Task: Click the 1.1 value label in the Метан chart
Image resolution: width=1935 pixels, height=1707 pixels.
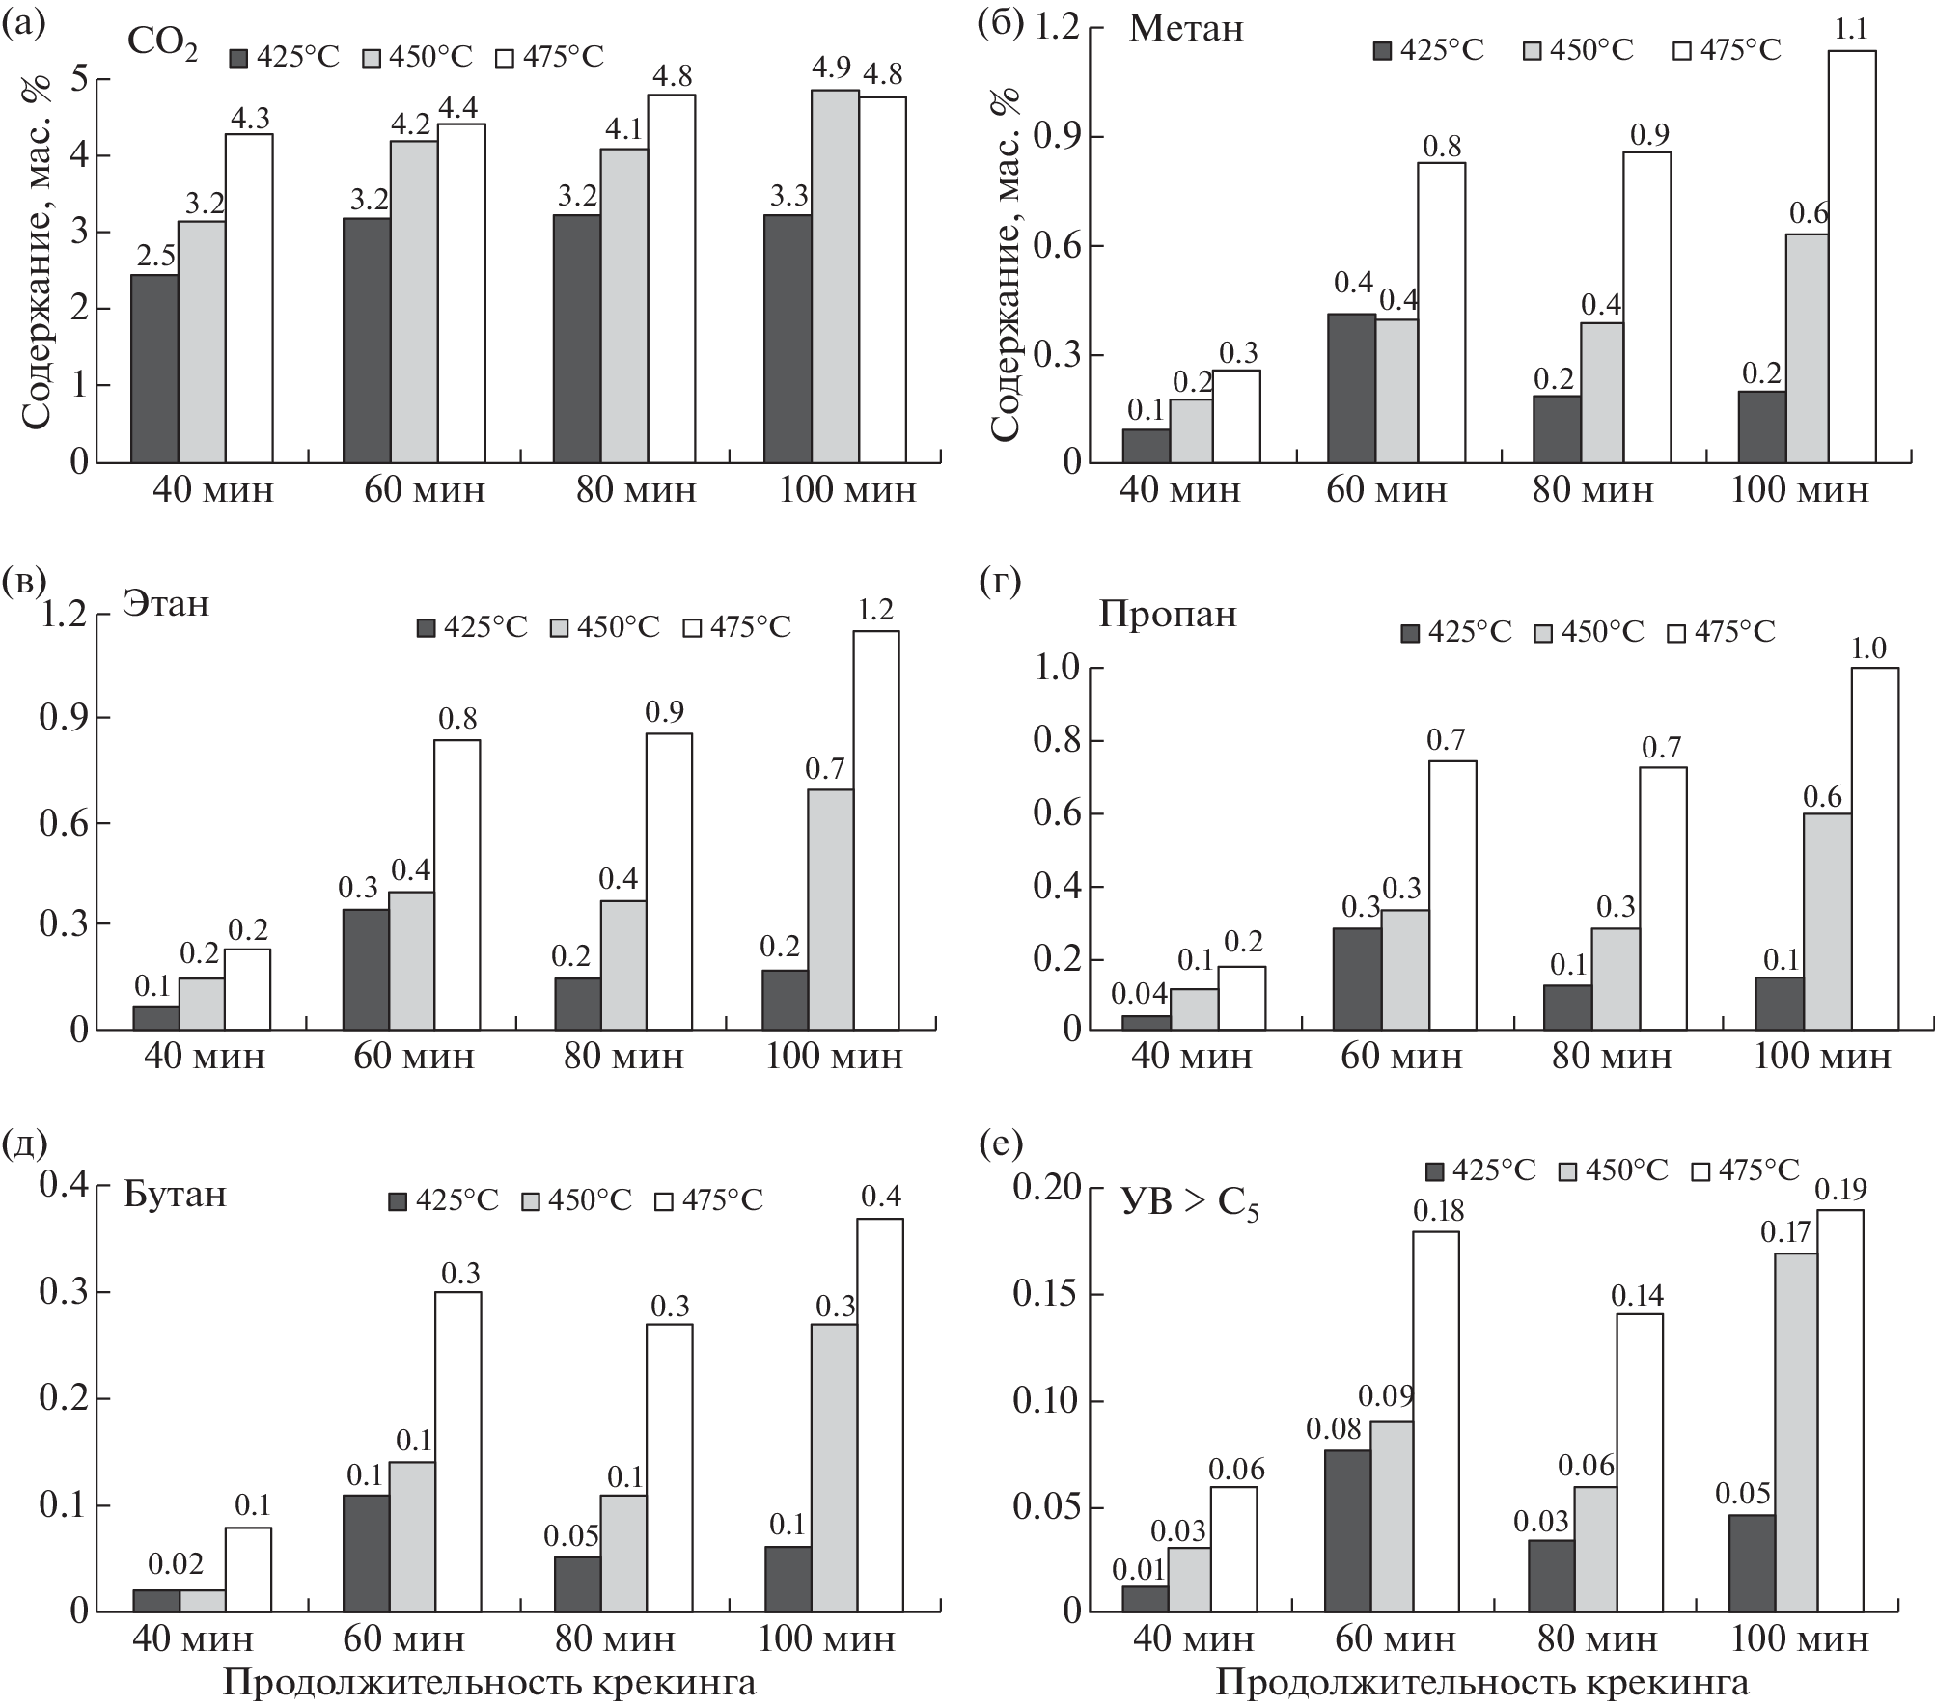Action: click(1849, 31)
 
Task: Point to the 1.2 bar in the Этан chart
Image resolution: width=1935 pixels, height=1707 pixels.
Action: click(875, 830)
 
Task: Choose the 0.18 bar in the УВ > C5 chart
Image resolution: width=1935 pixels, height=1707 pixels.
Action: click(1436, 1420)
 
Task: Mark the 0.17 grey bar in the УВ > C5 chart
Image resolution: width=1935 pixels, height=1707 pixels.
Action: click(1801, 1432)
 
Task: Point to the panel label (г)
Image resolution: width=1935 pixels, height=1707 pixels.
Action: click(999, 583)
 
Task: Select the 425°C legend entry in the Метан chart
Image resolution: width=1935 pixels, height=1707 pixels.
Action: click(1428, 49)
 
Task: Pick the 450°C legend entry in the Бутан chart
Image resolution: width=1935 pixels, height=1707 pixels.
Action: click(576, 1200)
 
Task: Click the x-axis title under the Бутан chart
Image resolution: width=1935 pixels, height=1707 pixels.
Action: click(489, 1684)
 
